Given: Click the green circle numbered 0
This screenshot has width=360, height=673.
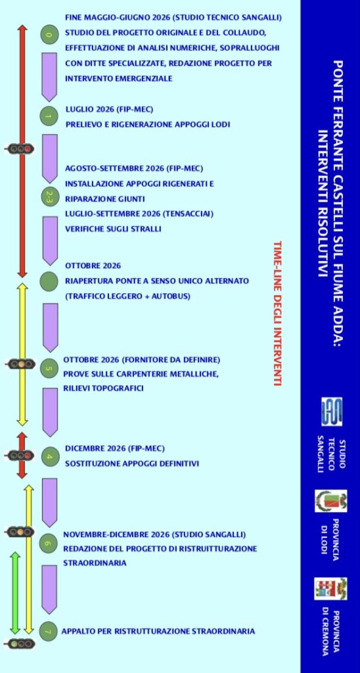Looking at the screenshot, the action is click(49, 35).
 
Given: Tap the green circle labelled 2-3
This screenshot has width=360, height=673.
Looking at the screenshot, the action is click(49, 197).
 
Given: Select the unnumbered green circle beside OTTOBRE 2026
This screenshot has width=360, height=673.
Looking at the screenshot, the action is click(49, 281).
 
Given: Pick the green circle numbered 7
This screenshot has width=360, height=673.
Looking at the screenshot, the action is click(48, 631).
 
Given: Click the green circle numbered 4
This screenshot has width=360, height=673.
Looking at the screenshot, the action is click(49, 456).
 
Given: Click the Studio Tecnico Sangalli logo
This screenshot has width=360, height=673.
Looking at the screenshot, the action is click(332, 411).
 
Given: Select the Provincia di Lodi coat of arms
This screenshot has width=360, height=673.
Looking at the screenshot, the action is click(331, 501).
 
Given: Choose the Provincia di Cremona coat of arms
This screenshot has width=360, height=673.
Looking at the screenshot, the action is click(330, 588).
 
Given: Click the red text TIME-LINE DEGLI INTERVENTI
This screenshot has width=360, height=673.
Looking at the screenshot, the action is click(277, 313).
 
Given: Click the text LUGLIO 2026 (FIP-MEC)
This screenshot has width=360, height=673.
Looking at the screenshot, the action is click(110, 110).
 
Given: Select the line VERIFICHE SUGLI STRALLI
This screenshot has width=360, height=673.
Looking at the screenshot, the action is click(113, 229).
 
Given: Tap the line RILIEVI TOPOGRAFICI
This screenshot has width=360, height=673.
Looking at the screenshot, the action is click(103, 388).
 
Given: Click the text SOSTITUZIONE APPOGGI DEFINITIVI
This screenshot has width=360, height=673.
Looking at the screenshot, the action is click(132, 464).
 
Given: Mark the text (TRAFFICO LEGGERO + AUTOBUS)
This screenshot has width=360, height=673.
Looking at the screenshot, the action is click(127, 296).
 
